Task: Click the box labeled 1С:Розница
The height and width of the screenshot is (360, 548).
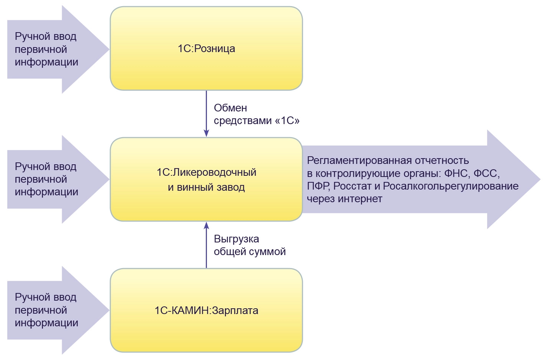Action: tap(206, 49)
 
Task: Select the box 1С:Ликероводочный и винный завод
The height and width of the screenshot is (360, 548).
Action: tap(206, 179)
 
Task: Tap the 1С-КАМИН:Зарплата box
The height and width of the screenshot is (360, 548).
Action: tap(206, 310)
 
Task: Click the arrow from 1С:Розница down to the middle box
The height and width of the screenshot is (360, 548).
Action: tap(206, 113)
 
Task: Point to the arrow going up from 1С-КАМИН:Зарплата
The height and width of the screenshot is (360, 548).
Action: tap(206, 245)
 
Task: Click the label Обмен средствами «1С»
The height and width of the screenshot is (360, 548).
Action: tap(256, 114)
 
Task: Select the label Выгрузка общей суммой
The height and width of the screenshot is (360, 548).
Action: tap(249, 245)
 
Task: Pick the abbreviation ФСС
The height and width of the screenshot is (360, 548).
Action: tap(486, 173)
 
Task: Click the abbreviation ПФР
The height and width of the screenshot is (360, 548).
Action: tap(318, 186)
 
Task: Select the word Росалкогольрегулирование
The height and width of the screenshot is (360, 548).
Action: tap(451, 186)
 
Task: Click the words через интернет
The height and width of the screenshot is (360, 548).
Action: tap(344, 199)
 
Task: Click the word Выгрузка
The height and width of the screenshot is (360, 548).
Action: tap(236, 239)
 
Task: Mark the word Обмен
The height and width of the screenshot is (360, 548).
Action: tap(230, 108)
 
